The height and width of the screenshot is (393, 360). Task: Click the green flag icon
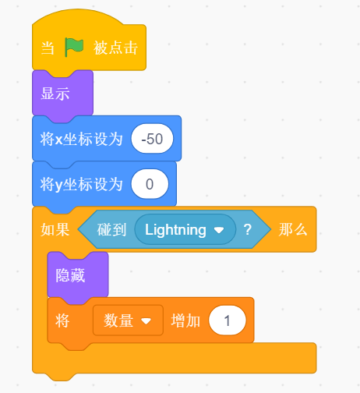[x=74, y=47]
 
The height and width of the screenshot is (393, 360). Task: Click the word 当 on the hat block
[x=48, y=48]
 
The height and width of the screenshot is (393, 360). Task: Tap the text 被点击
[x=115, y=48]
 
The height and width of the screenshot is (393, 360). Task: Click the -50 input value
[x=152, y=139]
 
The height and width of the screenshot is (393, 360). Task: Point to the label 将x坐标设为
[x=81, y=139]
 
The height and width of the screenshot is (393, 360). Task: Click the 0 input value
[x=150, y=184]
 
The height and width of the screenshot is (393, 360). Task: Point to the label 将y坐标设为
[x=81, y=185]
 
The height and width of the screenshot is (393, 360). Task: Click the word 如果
[x=55, y=230]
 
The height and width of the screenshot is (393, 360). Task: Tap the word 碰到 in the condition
[x=111, y=230]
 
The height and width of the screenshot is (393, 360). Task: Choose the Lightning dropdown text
[x=175, y=230]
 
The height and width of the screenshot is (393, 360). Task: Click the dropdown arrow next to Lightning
[x=219, y=230]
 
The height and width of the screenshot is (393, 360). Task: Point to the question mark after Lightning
[x=248, y=230]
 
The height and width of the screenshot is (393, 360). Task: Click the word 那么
[x=293, y=230]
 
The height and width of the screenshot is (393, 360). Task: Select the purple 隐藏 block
[x=78, y=276]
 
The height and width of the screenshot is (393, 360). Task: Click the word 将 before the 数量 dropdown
[x=62, y=320]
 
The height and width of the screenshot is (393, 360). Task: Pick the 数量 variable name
[x=118, y=320]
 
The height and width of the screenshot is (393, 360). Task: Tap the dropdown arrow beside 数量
[x=146, y=321]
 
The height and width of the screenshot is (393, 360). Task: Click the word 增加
[x=185, y=320]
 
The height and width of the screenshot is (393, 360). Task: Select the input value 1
[x=227, y=320]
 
